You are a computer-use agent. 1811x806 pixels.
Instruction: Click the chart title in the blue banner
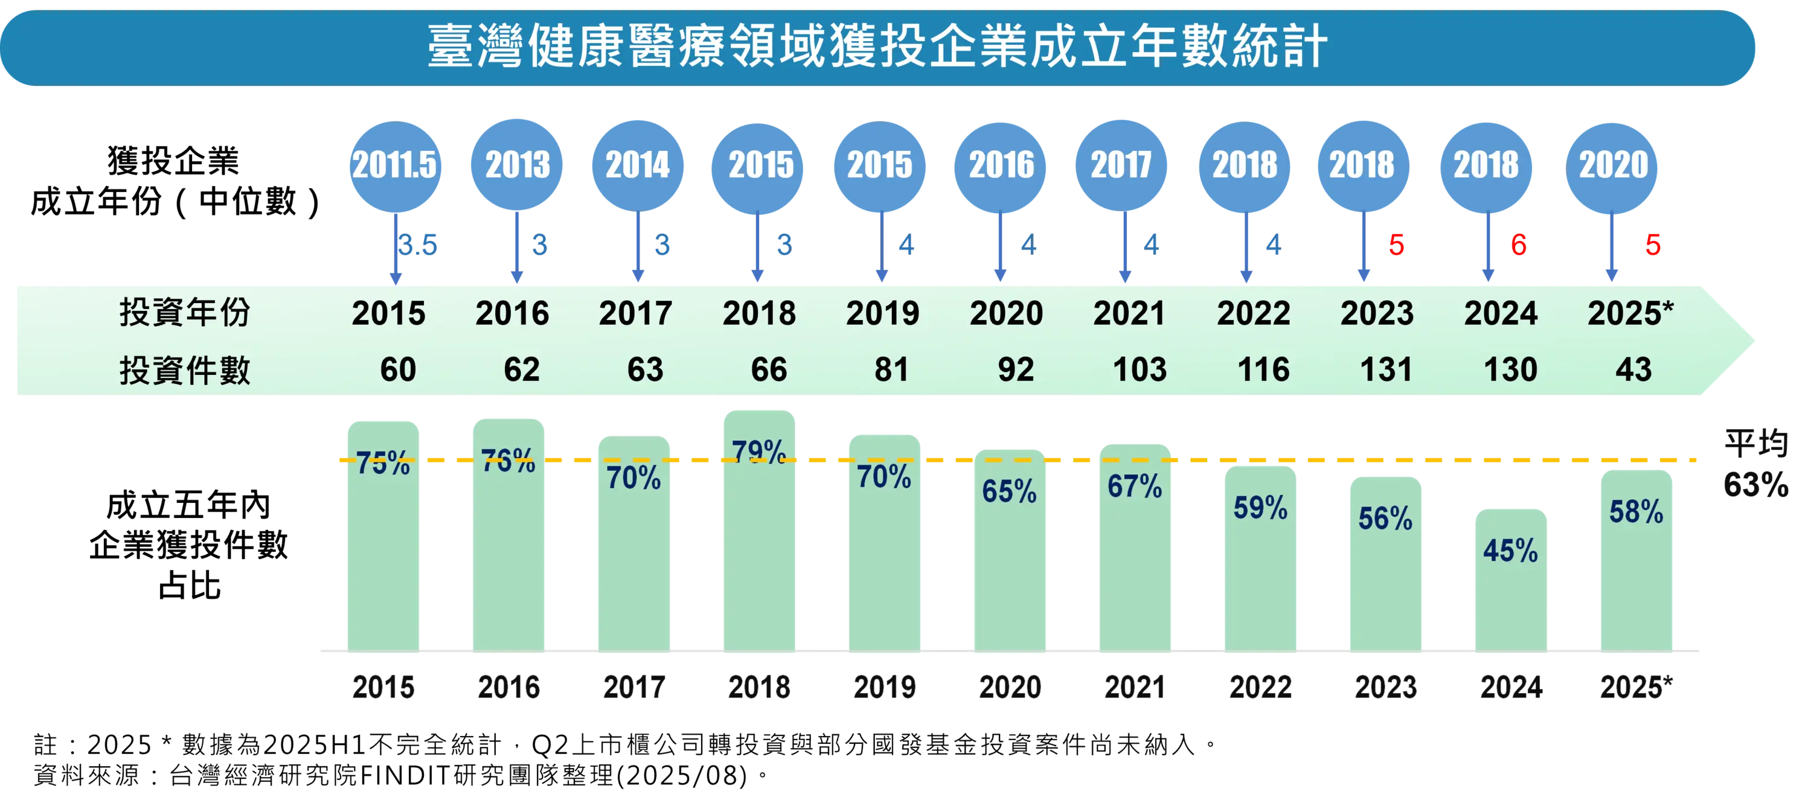[877, 46]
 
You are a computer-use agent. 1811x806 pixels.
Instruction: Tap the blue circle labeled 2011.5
[394, 165]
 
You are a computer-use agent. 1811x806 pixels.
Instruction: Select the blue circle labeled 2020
[1613, 165]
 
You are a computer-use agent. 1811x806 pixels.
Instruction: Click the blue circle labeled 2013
[518, 165]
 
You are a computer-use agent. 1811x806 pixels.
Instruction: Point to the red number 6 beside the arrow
[1519, 245]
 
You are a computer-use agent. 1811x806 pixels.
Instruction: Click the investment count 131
[1386, 369]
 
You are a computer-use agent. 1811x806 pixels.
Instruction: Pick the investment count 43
[1633, 369]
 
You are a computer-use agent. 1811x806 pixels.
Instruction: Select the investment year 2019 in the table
[882, 313]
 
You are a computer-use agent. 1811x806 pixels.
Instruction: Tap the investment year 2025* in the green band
[1630, 313]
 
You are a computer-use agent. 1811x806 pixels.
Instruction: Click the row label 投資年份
[184, 313]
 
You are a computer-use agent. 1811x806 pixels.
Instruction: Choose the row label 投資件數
[184, 370]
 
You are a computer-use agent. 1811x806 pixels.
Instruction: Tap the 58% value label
[1636, 511]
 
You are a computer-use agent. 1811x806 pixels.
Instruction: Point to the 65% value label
[1009, 491]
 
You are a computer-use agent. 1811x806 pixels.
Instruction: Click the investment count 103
[1139, 369]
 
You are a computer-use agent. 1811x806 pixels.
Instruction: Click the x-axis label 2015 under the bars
[382, 686]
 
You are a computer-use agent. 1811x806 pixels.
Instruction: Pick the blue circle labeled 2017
[1121, 165]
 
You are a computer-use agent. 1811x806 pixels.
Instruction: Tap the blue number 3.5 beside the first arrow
[419, 245]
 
